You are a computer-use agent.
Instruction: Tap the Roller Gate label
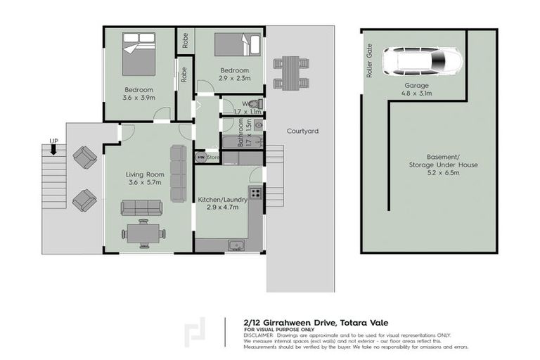tap(368, 61)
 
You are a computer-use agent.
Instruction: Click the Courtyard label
tap(303, 131)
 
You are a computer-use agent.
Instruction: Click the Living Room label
tap(145, 179)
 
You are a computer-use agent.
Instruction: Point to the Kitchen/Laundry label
tap(222, 203)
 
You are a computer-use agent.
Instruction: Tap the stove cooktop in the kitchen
tap(255, 191)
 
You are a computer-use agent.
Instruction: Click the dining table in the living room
tap(144, 233)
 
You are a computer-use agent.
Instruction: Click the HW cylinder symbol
tap(200, 158)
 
